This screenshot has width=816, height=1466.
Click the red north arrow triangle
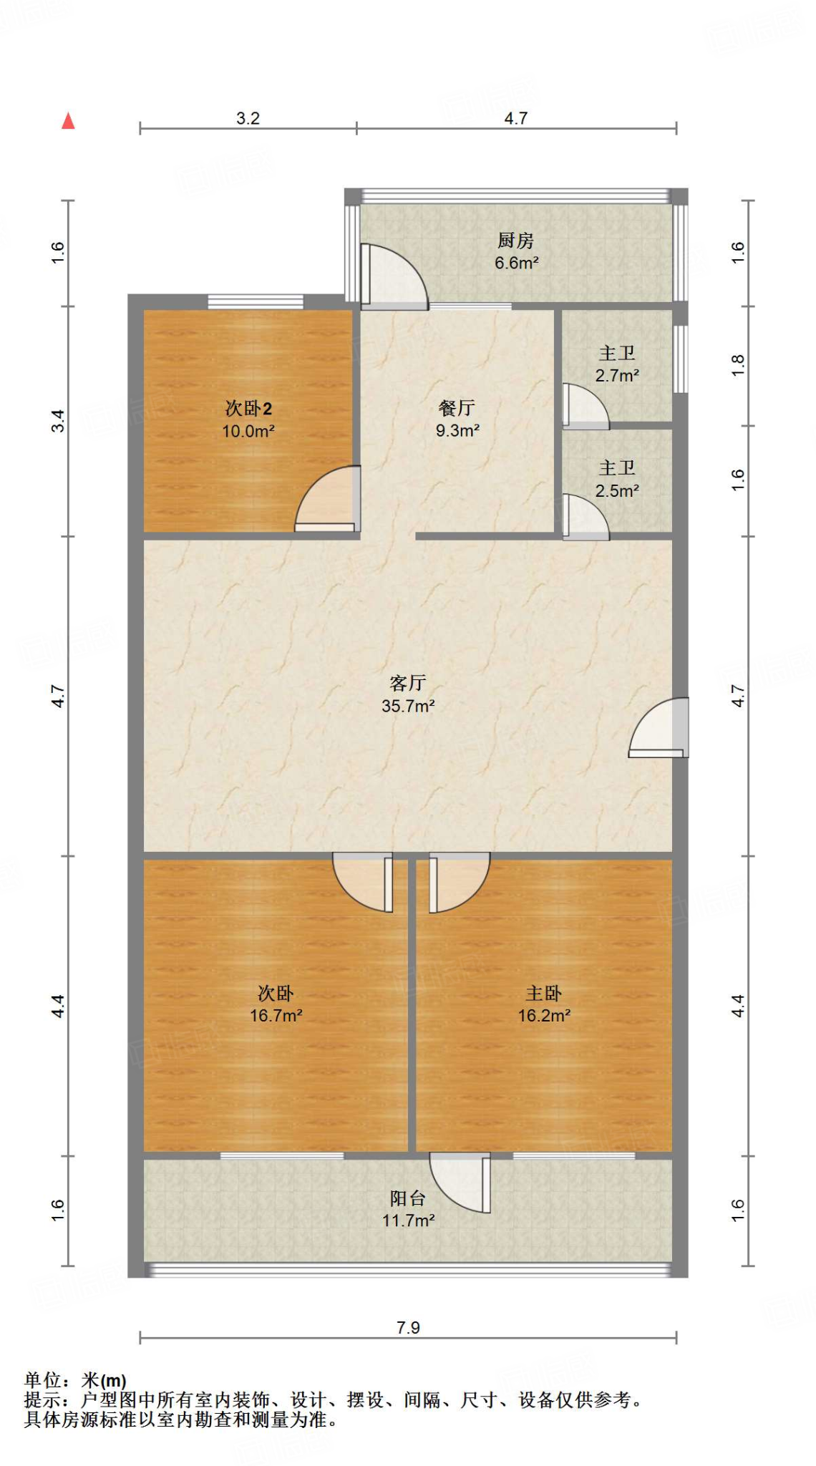(x=68, y=121)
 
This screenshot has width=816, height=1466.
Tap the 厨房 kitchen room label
(x=515, y=241)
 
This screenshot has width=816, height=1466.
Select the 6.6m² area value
(x=516, y=263)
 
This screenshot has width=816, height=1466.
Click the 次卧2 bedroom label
(x=248, y=409)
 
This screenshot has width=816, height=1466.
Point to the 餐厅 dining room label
(x=457, y=408)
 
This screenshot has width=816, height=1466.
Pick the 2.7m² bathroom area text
(x=617, y=375)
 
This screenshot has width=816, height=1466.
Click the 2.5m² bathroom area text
(x=617, y=491)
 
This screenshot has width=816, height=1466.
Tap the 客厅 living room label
(x=408, y=683)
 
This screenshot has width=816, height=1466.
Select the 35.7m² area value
(x=408, y=706)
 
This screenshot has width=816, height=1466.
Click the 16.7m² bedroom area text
(x=276, y=1016)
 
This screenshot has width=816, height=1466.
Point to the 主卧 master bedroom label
(x=544, y=993)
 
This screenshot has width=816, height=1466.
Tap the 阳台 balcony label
(x=408, y=1198)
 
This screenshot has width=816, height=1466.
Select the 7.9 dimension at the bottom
(x=408, y=1328)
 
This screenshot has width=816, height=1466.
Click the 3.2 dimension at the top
(x=248, y=118)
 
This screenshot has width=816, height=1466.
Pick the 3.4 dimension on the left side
(x=58, y=421)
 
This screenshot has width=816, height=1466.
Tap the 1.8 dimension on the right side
(x=738, y=366)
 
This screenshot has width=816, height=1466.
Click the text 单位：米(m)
(x=75, y=1380)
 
